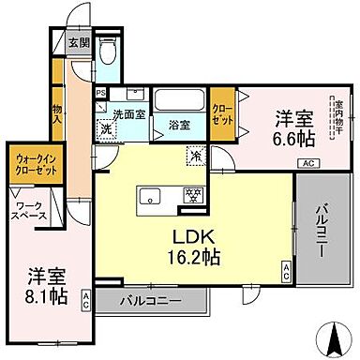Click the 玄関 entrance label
tap(79, 42)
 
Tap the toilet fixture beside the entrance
tap(106, 53)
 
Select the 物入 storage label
tap(58, 114)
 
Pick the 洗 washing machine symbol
tap(107, 128)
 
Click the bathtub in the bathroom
tap(179, 101)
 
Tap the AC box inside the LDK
tap(287, 272)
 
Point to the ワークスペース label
tap(29, 210)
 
